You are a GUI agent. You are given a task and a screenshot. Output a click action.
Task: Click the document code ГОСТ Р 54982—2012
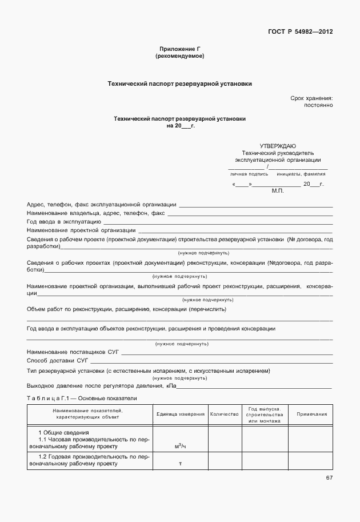(x=299, y=32)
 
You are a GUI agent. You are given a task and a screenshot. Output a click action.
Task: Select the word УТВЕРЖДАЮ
(x=278, y=146)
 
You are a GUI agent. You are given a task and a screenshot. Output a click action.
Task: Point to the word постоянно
(x=318, y=106)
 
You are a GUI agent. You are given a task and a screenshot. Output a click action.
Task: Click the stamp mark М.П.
(x=278, y=192)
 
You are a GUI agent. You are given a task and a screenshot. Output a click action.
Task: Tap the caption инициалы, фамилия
(x=301, y=173)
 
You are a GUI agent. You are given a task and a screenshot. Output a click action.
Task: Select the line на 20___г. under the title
(x=180, y=126)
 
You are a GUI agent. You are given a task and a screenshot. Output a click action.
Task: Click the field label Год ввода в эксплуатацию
(x=64, y=221)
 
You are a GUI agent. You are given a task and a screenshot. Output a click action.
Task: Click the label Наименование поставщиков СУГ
(x=73, y=353)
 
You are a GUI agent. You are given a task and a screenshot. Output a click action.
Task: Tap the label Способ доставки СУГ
(x=58, y=361)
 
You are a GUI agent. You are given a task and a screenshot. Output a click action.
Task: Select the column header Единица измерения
(x=180, y=414)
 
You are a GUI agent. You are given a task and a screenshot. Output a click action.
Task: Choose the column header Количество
(x=224, y=414)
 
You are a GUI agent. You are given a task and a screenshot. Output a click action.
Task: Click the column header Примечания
(x=311, y=414)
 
